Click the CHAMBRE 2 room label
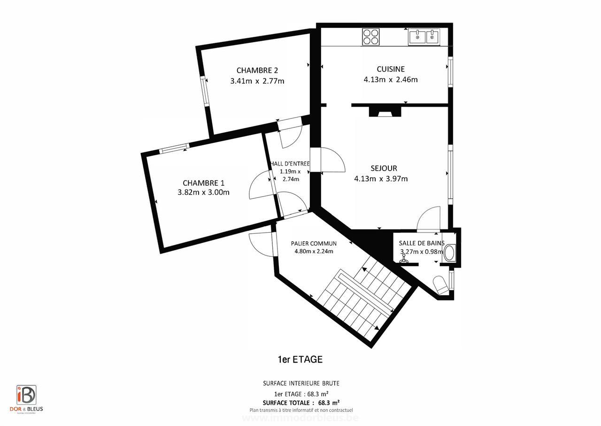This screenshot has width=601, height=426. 257,71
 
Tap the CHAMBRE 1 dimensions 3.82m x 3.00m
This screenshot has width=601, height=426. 203,192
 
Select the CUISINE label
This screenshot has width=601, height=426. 390,69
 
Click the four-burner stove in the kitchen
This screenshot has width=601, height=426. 370,37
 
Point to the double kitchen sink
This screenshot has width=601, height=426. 424,36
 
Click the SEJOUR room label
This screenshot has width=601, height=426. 384,168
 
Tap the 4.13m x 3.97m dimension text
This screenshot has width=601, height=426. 380,179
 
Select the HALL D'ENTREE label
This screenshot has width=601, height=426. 290,164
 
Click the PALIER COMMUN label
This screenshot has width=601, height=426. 314,244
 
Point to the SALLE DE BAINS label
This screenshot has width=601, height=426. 421,243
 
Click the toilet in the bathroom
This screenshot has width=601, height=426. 441,285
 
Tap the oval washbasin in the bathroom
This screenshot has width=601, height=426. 449,253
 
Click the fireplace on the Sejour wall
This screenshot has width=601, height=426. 385,111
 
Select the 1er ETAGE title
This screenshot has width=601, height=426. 300,360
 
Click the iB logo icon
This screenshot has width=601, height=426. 26,395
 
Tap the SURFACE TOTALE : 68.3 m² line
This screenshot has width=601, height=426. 300,403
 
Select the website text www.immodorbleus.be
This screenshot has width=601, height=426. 300,418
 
